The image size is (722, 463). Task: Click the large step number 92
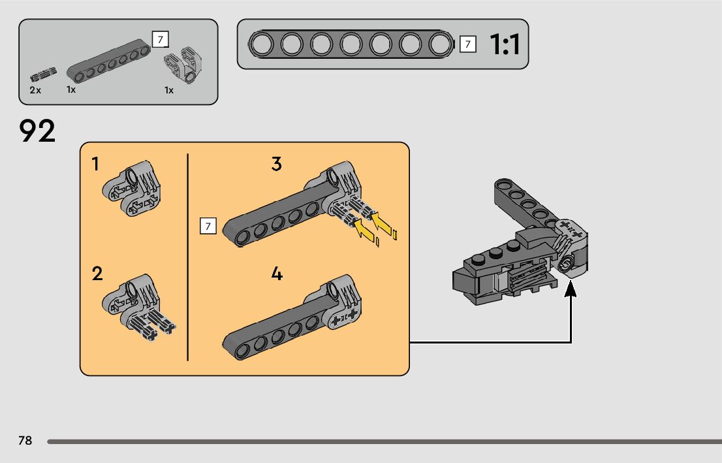coord(38,131)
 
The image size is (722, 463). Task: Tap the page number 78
coord(25,441)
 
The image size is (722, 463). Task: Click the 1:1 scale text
coord(504,44)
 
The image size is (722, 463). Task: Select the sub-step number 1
coord(96,165)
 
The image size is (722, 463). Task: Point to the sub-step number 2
coord(97,274)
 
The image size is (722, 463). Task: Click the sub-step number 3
coord(277,164)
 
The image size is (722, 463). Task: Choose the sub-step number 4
coord(277,274)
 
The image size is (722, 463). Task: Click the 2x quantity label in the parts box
coord(35,90)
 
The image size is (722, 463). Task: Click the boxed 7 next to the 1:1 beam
coord(467,44)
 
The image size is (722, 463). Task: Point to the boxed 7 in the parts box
coord(159,39)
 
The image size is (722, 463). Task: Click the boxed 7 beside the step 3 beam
coord(208,227)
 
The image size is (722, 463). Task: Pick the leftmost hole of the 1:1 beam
coord(262,44)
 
